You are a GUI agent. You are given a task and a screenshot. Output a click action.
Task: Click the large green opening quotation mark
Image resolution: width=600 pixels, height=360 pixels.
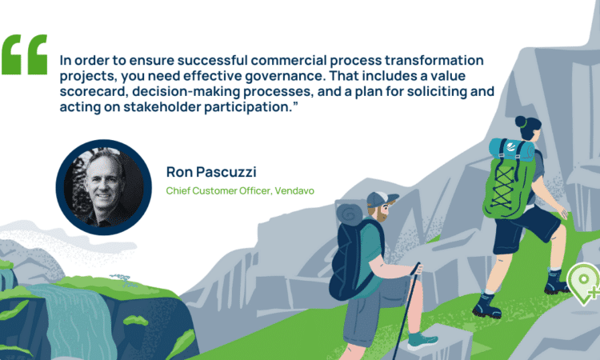click(x=25, y=54)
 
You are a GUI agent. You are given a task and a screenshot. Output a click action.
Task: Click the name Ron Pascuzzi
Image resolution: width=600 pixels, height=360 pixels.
click(x=211, y=172)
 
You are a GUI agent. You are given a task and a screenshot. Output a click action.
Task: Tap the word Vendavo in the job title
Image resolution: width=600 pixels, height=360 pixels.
click(x=294, y=190)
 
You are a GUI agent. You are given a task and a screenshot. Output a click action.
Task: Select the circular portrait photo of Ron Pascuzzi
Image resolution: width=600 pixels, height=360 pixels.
click(x=104, y=187)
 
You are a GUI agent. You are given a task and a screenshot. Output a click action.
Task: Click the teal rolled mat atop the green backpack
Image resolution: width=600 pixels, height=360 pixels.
click(x=512, y=150)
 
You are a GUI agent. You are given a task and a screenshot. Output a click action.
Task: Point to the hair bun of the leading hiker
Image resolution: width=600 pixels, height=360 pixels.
click(x=521, y=122)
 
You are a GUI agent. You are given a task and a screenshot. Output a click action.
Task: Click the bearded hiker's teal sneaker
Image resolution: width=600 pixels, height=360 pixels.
click(x=422, y=341)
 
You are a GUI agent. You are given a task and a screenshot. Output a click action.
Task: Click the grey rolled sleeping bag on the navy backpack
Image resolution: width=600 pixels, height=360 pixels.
click(x=349, y=214)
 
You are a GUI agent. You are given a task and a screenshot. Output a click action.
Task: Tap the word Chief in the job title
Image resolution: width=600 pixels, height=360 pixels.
click(x=178, y=190)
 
